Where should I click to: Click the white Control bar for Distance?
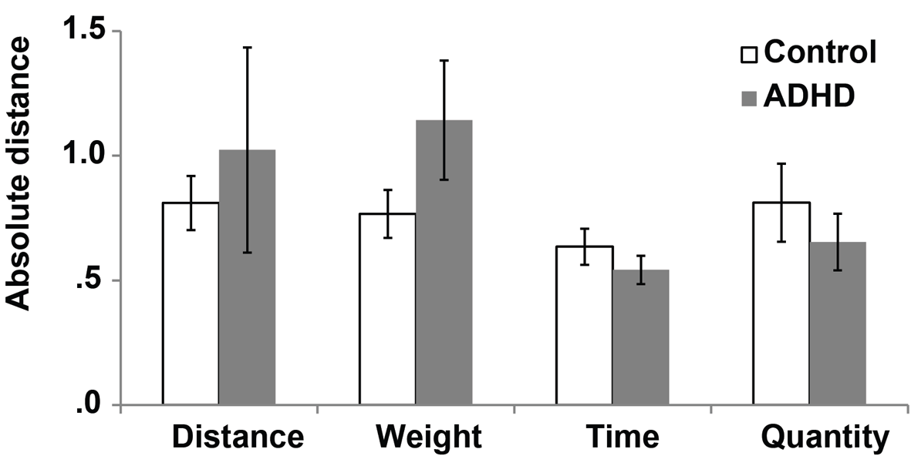[191, 303]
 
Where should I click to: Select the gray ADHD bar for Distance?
[247, 277]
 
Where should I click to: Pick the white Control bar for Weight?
[387, 309]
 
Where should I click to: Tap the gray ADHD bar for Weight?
[444, 262]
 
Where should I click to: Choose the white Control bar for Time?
[585, 325]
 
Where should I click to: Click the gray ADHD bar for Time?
[641, 337]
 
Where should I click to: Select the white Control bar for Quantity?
[781, 303]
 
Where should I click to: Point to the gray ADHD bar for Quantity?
[838, 323]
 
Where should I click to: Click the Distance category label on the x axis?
[238, 437]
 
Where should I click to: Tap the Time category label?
[623, 437]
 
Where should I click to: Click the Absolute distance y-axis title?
[18, 174]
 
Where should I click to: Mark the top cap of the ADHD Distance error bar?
[247, 47]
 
